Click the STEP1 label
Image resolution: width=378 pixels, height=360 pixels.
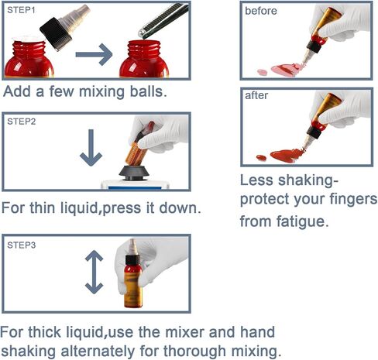point(21,10)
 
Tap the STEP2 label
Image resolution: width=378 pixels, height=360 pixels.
point(22,122)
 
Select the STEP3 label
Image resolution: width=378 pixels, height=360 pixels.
point(22,245)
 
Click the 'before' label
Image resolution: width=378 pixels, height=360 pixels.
point(261,11)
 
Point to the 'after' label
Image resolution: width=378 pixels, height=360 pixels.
point(256,95)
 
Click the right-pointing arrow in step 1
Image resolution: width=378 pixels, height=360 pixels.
point(94,54)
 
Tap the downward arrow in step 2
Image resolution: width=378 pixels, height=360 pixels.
point(91,148)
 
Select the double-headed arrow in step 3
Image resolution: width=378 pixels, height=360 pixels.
point(94,272)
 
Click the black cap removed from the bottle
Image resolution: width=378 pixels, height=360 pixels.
point(57,34)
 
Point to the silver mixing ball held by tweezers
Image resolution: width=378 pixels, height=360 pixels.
point(142,33)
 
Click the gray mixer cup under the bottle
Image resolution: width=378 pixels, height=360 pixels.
point(134,173)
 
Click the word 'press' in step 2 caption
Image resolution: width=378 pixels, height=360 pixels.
point(122,208)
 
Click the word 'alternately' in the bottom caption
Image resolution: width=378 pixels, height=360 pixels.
point(98,351)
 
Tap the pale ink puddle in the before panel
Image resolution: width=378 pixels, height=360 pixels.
point(284,69)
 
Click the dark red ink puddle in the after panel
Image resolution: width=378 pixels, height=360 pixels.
point(285,156)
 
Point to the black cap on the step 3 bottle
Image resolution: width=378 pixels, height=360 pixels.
point(132,260)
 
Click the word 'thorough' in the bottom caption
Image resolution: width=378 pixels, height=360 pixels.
point(194,351)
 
